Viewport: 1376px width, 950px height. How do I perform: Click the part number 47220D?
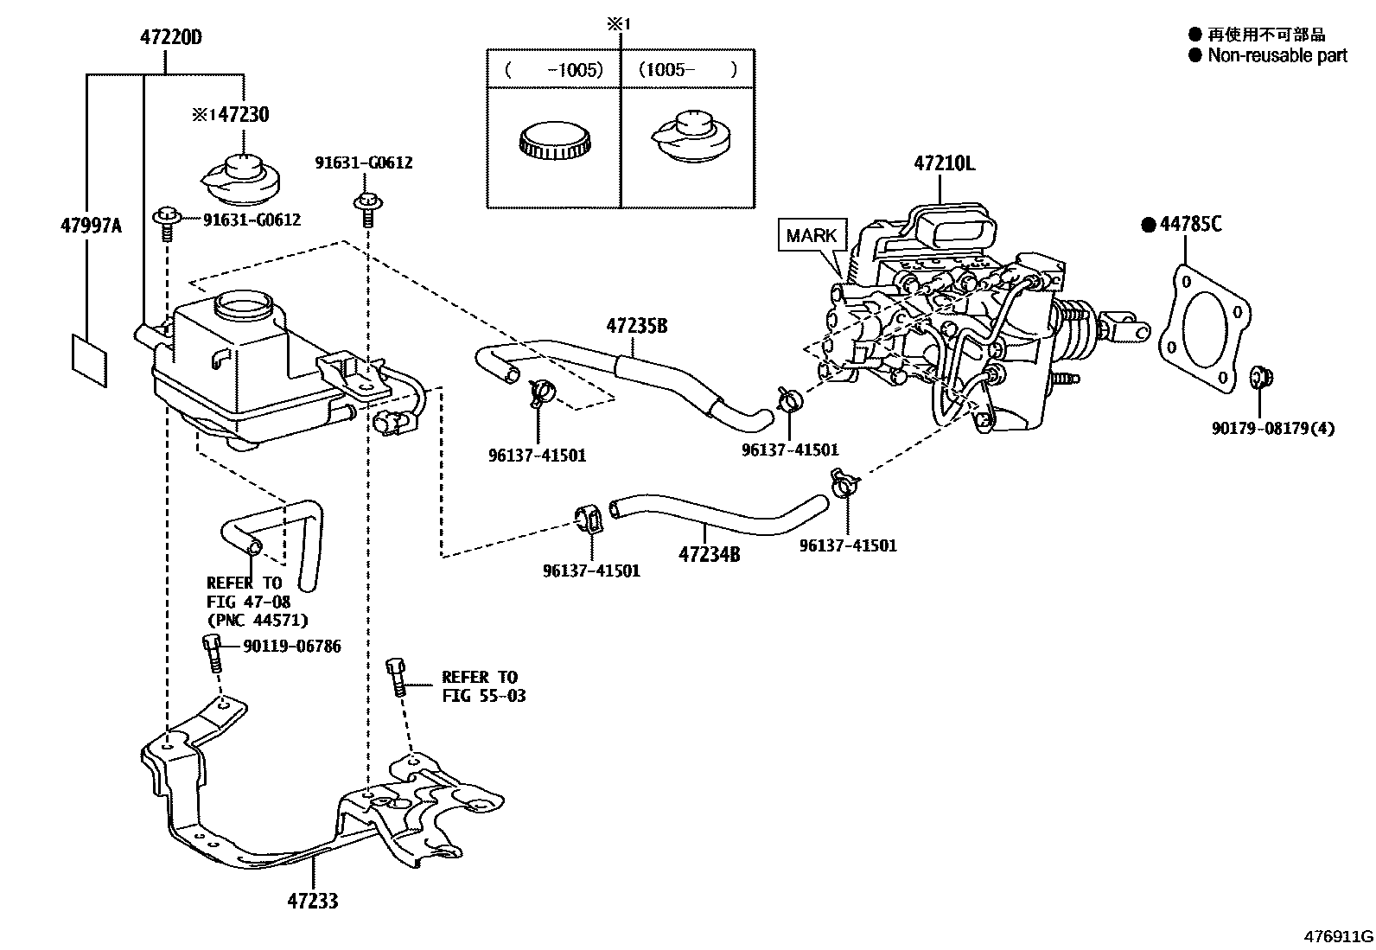point(171,37)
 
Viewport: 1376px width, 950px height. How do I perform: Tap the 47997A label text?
point(91,226)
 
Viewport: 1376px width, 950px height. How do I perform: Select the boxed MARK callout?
point(812,235)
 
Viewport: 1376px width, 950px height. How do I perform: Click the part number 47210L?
point(944,163)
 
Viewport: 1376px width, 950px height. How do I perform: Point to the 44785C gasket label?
point(1190,224)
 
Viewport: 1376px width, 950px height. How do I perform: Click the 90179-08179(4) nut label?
point(1273,428)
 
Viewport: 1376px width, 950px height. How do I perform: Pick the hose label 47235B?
point(637,326)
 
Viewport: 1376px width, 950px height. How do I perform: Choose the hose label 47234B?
point(709,555)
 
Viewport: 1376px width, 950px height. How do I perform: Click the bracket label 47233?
point(313,902)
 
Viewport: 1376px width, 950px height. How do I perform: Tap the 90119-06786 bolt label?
point(292,647)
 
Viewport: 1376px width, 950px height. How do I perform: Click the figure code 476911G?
point(1339,936)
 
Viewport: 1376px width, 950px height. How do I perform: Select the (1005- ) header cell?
point(687,69)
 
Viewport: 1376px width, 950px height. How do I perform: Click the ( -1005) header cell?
point(553,69)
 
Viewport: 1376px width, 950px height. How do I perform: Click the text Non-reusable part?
point(1277,55)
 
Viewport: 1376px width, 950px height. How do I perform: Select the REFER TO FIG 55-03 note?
point(483,686)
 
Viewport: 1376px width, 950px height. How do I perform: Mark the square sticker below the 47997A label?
point(90,360)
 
